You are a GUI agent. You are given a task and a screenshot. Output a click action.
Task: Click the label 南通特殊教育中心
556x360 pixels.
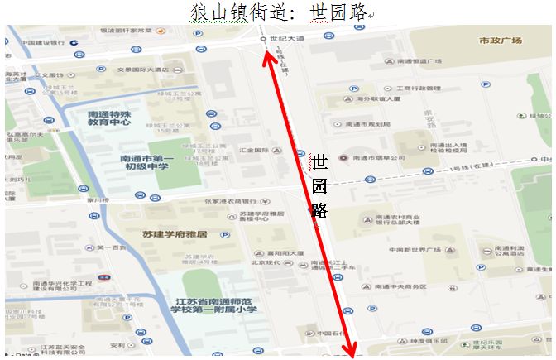pos(109,117)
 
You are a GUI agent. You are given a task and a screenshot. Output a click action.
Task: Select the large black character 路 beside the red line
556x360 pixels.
pos(319,208)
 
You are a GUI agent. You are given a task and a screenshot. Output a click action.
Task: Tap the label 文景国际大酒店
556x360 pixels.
pos(141,70)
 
